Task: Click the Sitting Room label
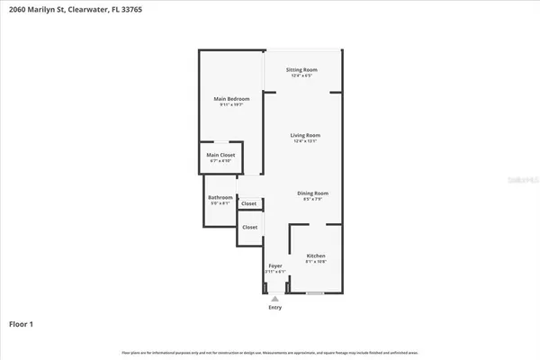301,69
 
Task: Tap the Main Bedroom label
231,98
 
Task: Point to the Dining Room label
313,193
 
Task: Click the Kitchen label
315,256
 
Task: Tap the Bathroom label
220,197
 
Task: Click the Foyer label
275,265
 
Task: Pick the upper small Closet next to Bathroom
248,204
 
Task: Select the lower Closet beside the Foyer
249,227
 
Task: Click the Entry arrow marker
274,298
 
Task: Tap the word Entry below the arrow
274,308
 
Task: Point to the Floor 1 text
22,323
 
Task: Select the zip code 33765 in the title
130,9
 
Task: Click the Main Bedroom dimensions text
231,104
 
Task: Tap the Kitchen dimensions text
315,262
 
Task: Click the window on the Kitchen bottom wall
314,293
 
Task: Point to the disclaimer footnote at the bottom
270,351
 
